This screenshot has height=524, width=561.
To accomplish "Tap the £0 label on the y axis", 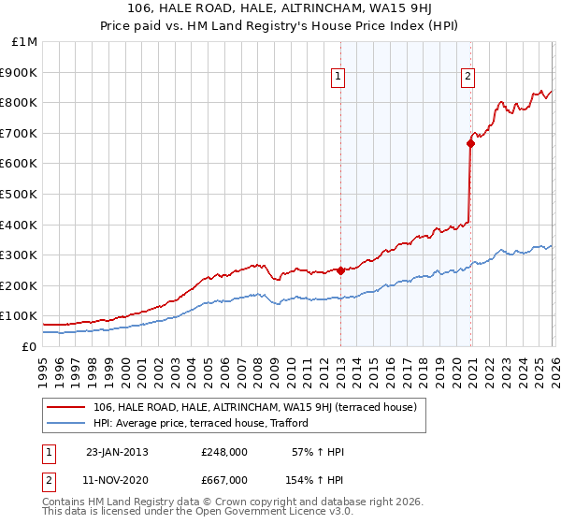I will coord(30,346).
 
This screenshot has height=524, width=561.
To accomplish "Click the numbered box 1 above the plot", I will coord(338,78).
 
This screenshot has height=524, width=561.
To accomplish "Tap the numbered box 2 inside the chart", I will coord(467,78).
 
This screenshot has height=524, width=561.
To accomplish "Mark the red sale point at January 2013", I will coord(340,270).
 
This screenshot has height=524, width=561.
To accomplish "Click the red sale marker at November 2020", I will coord(469,143).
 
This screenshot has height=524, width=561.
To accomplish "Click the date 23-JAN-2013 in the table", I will coord(117,453).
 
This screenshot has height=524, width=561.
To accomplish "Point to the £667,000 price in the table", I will coord(224,480).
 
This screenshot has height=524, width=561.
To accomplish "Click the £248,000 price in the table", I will coord(224,453).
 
